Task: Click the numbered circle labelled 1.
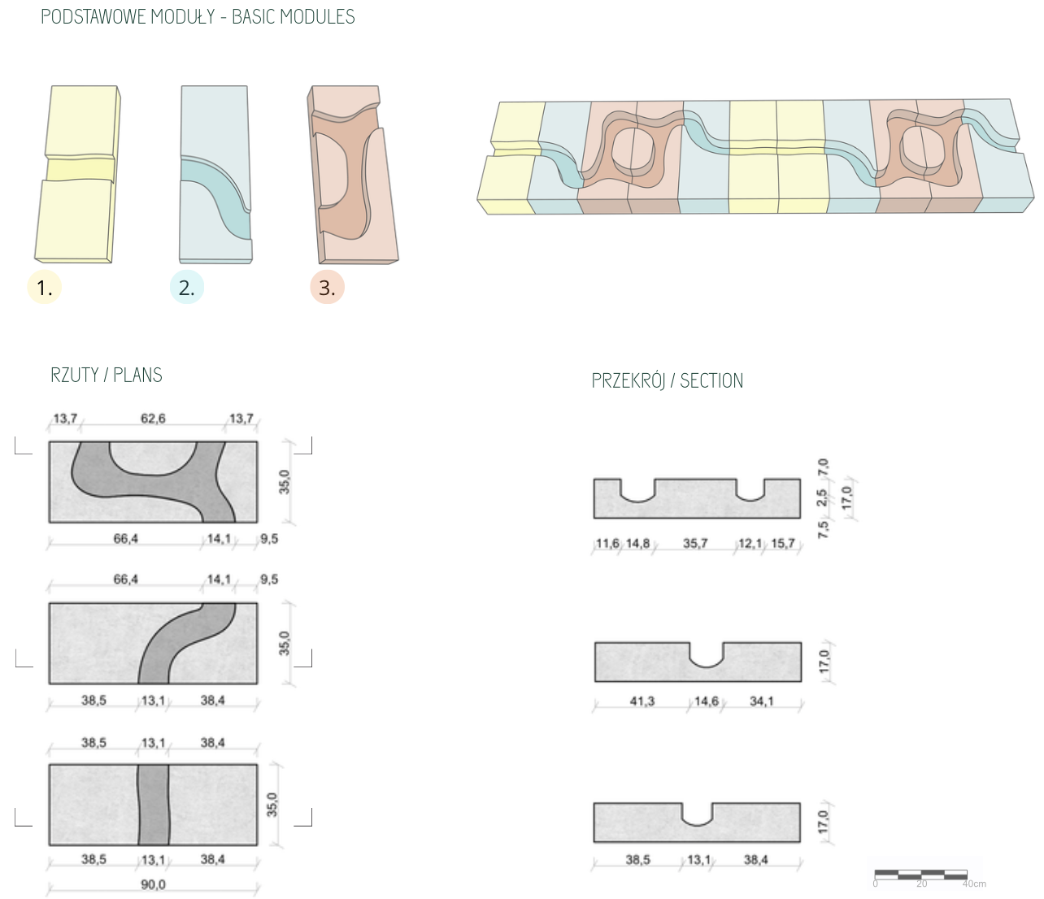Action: tap(44, 287)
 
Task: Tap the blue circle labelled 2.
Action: tap(186, 287)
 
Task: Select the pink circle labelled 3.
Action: tap(327, 287)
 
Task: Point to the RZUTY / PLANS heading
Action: tap(107, 375)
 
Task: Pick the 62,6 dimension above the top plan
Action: tap(153, 419)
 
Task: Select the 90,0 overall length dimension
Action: tap(153, 884)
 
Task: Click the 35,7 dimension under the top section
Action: tap(695, 543)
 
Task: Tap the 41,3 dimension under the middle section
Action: tap(642, 701)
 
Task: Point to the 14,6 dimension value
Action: tap(706, 701)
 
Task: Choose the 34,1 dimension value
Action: tap(762, 701)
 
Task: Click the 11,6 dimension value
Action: tap(607, 543)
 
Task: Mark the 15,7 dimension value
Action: tap(783, 543)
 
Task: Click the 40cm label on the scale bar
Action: tap(974, 884)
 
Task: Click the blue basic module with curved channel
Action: tap(215, 175)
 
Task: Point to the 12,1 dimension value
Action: tap(750, 543)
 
